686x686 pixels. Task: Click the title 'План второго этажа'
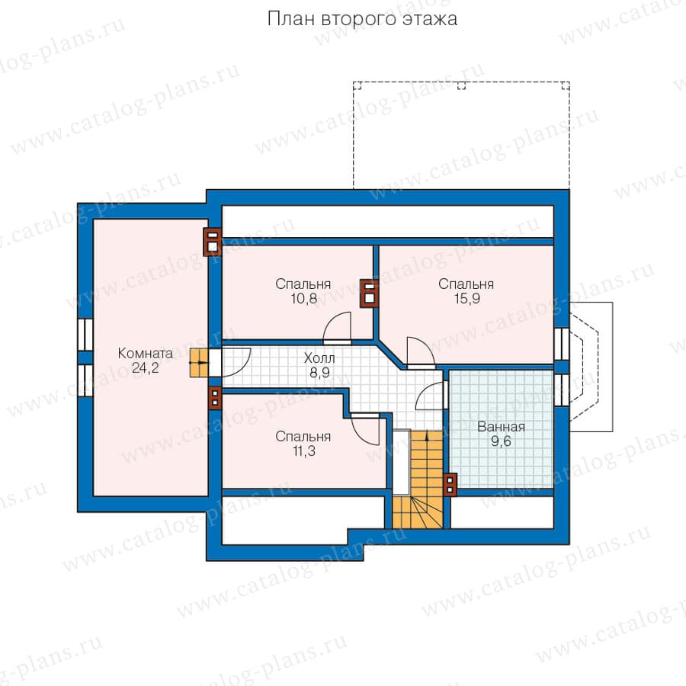point(362,19)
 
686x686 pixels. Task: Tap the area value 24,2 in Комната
point(146,368)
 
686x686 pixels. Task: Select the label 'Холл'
point(319,358)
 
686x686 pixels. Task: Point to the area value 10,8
point(303,299)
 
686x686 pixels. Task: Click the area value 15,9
point(466,299)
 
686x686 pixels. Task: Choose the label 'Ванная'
point(501,427)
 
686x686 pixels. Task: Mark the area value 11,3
point(303,451)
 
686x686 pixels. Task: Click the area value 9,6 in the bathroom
point(501,441)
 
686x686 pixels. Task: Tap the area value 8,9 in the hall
point(319,373)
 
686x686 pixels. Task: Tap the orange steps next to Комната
point(199,363)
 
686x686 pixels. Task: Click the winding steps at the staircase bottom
point(418,512)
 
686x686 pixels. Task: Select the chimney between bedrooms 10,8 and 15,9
point(369,293)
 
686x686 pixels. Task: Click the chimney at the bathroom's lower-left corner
point(450,485)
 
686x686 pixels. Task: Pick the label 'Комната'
point(146,353)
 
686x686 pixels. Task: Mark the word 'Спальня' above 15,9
point(466,284)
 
